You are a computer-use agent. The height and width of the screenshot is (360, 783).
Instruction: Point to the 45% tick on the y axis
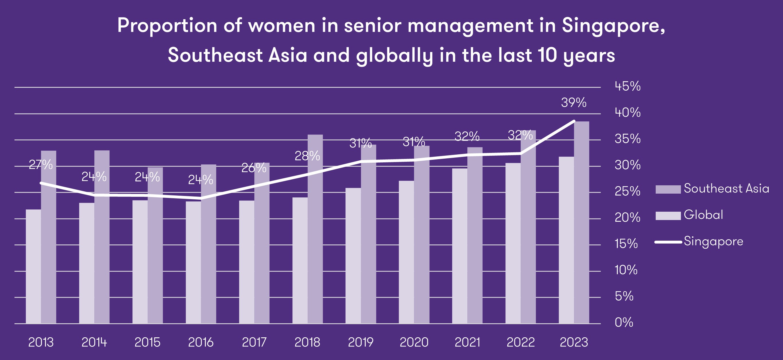point(627,86)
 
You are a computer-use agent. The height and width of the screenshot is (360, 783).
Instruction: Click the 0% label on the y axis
point(624,322)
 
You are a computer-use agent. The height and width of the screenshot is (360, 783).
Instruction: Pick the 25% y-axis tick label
point(627,192)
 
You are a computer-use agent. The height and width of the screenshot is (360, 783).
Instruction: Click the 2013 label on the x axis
point(41,343)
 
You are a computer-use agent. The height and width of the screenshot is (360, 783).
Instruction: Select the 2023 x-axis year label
point(574,343)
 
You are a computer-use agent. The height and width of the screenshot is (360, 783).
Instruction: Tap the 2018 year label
point(307,343)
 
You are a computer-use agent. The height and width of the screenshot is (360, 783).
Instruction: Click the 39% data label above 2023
point(574,103)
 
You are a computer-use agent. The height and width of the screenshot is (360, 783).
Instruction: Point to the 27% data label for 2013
point(41,165)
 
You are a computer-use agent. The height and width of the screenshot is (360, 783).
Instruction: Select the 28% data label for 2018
point(307,156)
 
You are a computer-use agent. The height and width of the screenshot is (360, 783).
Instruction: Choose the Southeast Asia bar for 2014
point(102,237)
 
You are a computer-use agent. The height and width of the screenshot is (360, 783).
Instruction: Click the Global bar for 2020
point(406,252)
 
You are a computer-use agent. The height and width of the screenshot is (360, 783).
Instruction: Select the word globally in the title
point(394,56)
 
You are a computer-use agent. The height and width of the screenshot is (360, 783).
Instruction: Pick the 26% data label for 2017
point(254,168)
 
